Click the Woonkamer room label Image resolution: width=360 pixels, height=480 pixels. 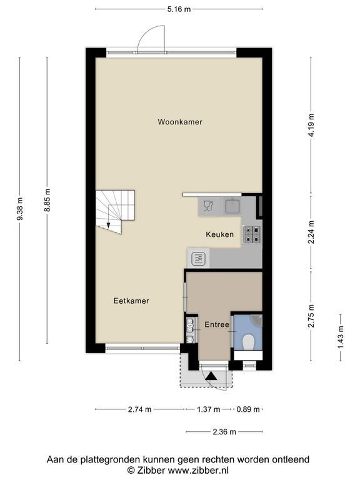(180, 122)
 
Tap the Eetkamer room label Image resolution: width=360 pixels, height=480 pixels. (131, 301)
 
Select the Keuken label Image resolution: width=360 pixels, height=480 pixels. (219, 234)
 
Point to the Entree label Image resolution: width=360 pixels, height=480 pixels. (217, 324)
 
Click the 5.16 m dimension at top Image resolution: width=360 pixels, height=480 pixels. (179, 9)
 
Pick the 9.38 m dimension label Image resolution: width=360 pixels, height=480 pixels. (19, 209)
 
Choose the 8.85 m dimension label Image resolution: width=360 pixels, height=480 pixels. (47, 201)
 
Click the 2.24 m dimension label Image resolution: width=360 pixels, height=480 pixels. (311, 232)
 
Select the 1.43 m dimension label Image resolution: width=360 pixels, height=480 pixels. (341, 337)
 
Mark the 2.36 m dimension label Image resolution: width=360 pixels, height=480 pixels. (224, 432)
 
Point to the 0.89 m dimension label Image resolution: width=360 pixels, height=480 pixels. (248, 409)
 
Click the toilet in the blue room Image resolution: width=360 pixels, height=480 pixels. (248, 342)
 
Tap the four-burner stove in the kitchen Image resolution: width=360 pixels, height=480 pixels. (251, 234)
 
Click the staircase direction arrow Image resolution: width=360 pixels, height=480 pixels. (108, 225)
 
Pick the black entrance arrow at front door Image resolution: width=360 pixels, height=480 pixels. (211, 376)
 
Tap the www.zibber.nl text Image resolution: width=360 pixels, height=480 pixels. (198, 470)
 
